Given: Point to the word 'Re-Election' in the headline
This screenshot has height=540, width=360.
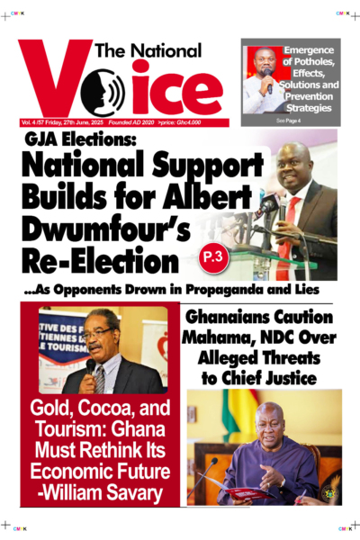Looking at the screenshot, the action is click(x=100, y=262).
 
